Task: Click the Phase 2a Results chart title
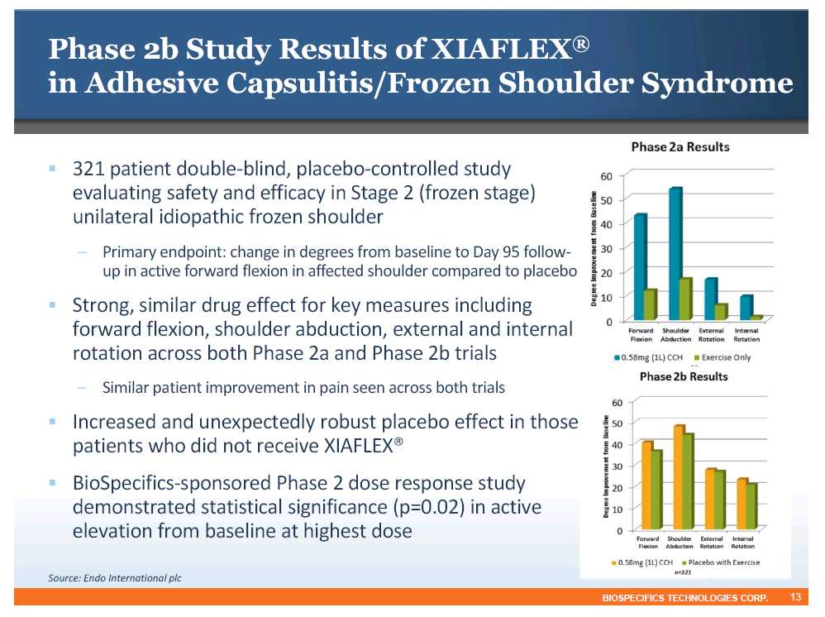[680, 147]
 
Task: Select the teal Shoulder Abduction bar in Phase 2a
[675, 254]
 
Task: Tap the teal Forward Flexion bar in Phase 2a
[640, 267]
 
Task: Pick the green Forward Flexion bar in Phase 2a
[651, 305]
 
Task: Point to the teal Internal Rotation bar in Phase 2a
[746, 308]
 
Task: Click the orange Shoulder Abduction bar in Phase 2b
[679, 477]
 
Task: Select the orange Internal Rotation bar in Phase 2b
[742, 504]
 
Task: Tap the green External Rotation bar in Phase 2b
[719, 500]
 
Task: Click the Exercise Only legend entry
[722, 357]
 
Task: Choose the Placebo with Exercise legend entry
[720, 562]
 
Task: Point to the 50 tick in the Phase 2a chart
[607, 201]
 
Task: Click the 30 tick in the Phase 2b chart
[617, 466]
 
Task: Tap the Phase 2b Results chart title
[684, 376]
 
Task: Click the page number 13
[795, 597]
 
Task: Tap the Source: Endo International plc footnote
[115, 578]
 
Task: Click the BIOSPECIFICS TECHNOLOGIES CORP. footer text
[685, 598]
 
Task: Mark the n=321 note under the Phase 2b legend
[683, 572]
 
